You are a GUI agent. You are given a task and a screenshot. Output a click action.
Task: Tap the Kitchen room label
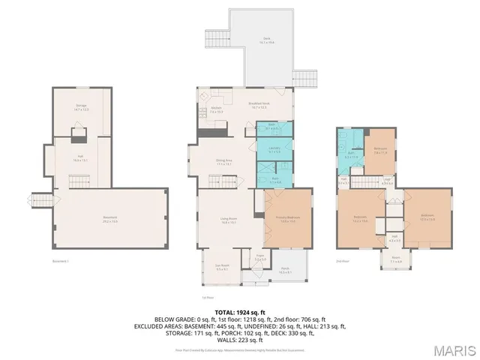point(215,110)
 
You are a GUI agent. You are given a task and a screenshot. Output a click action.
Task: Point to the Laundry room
point(274,149)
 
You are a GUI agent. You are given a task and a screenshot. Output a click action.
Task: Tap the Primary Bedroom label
point(287,220)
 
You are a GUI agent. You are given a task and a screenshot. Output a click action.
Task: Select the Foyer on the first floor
point(259,257)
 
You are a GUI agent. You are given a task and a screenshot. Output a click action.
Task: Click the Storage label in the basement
point(81,107)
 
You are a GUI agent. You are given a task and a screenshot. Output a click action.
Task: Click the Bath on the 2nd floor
point(349,155)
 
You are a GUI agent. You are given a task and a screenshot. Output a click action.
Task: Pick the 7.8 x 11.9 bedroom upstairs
point(380,150)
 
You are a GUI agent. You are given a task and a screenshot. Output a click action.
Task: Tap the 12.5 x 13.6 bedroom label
point(427,219)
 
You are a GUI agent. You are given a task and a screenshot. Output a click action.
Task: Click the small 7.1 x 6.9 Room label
point(395,262)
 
